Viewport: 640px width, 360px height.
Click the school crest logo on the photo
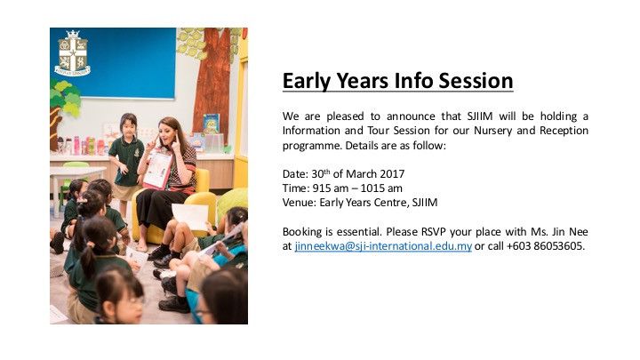[73, 53]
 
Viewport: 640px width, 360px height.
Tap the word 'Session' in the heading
[471, 81]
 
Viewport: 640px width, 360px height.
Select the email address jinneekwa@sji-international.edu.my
[383, 246]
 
